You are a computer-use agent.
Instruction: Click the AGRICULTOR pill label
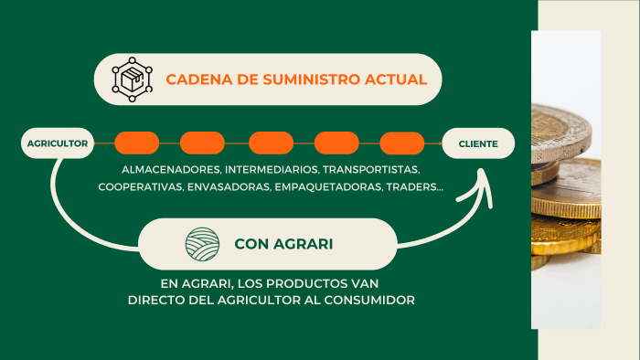(x=58, y=143)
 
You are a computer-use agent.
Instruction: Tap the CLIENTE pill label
(x=478, y=143)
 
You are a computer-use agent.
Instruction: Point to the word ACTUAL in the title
(x=396, y=79)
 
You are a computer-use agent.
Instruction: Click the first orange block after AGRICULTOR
(x=136, y=143)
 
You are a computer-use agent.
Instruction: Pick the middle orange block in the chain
(x=271, y=143)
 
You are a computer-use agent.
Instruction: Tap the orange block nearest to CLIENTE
(x=402, y=143)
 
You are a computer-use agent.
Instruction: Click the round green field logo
(x=203, y=244)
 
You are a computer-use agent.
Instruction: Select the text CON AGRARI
(x=283, y=244)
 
